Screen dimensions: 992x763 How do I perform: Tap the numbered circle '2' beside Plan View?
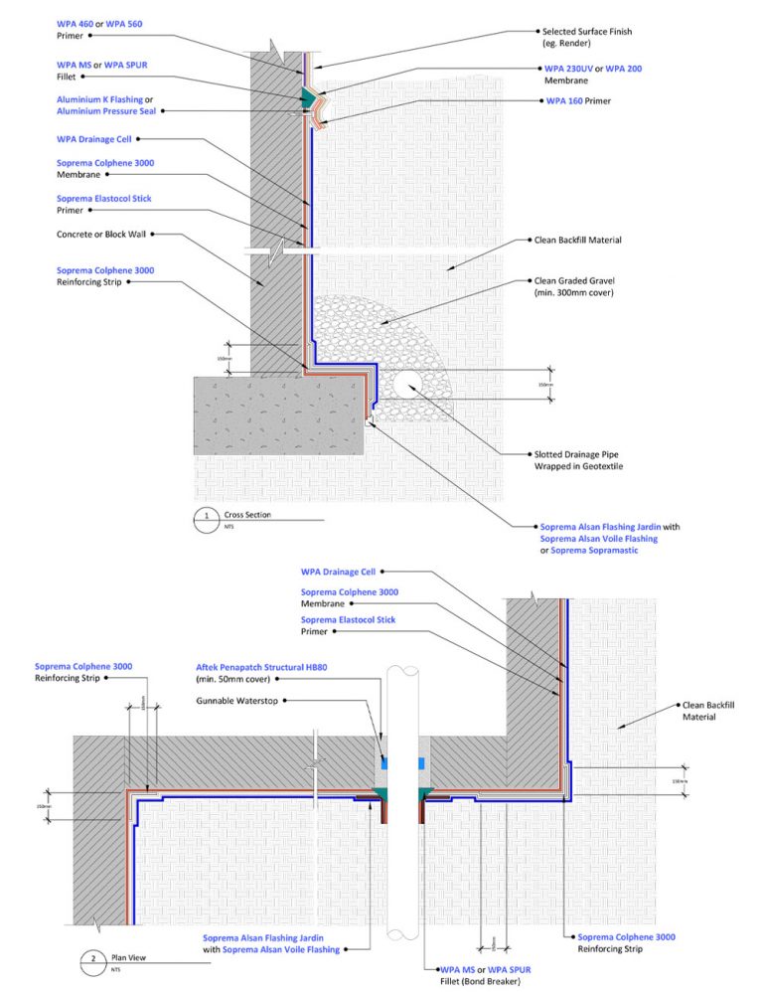point(92,960)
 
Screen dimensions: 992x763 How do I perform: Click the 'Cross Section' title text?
point(247,515)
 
